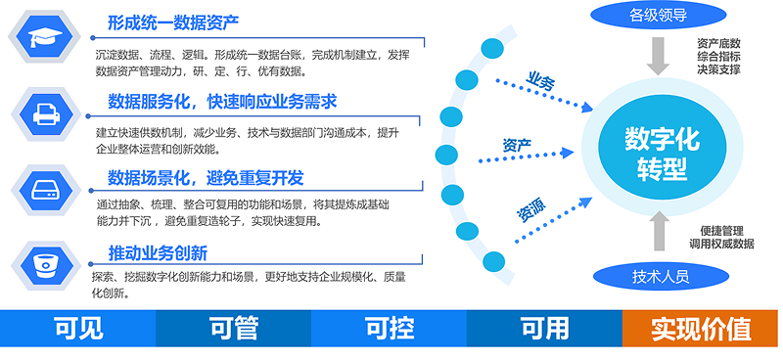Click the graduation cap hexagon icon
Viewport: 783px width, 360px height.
click(x=44, y=38)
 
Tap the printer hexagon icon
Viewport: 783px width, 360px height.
click(x=44, y=114)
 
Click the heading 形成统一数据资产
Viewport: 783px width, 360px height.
click(x=174, y=22)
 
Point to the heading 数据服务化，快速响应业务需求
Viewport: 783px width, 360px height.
click(x=222, y=101)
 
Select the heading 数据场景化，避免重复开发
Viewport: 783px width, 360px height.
click(x=206, y=177)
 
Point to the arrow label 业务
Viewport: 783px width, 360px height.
click(x=540, y=82)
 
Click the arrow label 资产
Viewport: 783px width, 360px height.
click(x=517, y=146)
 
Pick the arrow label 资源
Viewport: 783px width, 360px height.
click(x=531, y=209)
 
